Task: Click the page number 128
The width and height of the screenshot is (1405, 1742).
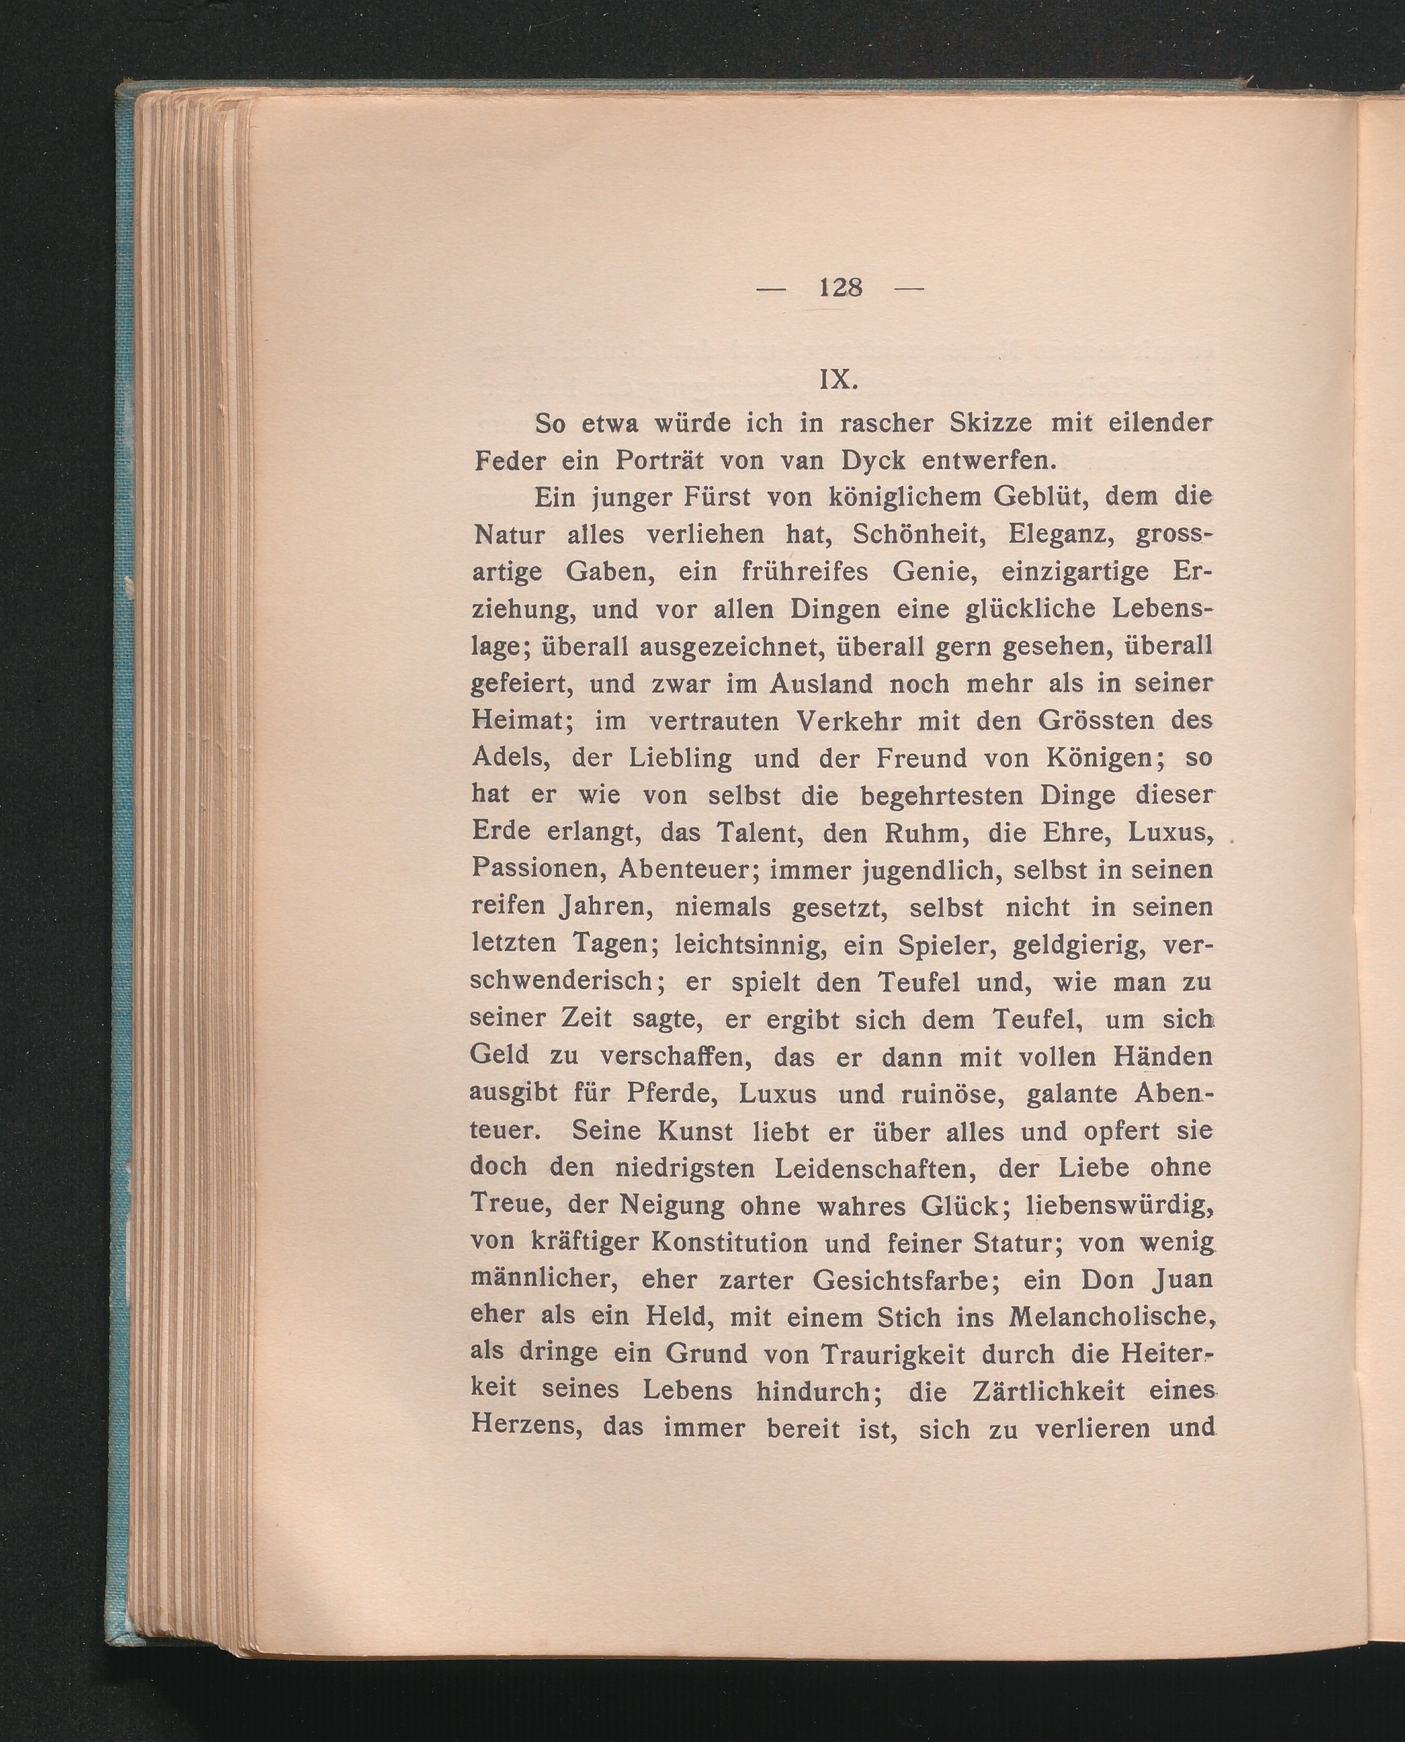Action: pyautogui.click(x=840, y=288)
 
